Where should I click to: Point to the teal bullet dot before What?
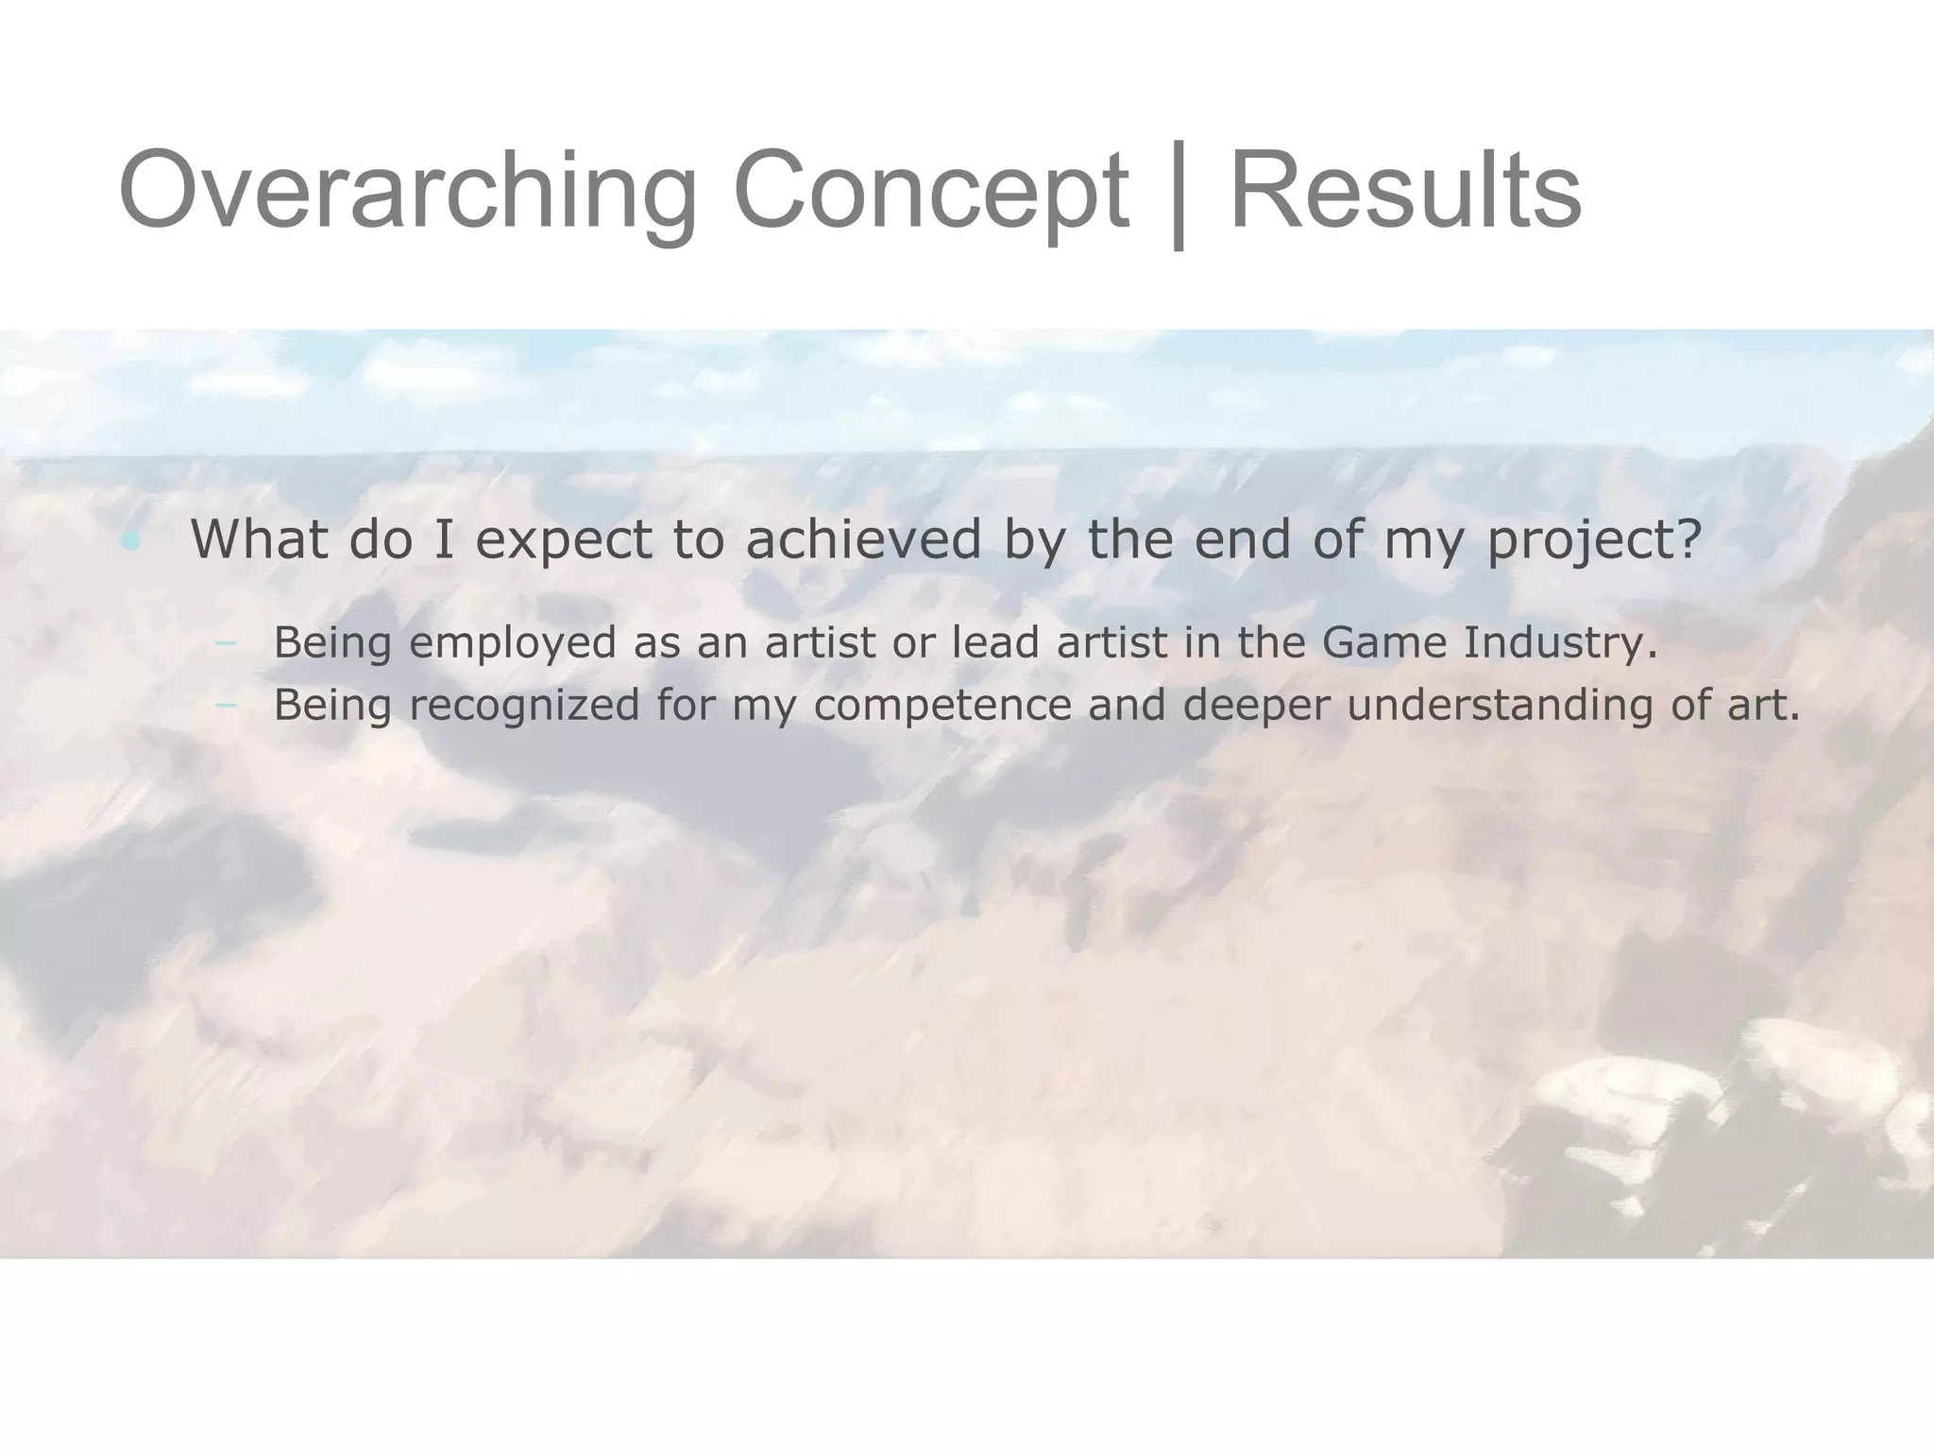click(x=131, y=541)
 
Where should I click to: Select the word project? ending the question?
click(x=1594, y=540)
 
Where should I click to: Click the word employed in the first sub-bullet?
click(x=514, y=643)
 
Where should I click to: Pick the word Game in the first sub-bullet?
click(x=1383, y=642)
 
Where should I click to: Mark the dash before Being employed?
click(x=226, y=644)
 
